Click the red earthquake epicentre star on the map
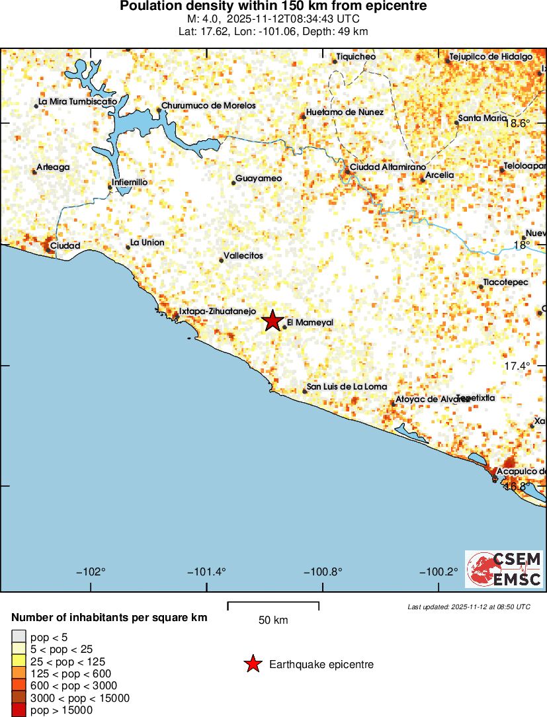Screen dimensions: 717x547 (272, 321)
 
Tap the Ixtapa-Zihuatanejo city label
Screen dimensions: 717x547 (213, 311)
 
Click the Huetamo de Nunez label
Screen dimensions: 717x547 (345, 112)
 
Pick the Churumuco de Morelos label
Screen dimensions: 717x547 (208, 106)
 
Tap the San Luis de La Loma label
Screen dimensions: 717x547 (347, 387)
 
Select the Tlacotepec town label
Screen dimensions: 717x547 (506, 282)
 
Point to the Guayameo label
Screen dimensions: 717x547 (259, 179)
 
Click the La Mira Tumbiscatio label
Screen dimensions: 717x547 (77, 101)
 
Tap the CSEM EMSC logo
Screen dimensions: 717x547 (504, 569)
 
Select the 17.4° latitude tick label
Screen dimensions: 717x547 (517, 366)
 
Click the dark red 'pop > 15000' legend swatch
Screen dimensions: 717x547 (19, 710)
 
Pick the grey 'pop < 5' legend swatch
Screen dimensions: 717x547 (19, 637)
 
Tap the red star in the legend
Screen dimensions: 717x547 (253, 664)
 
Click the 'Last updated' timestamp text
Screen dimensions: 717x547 (468, 607)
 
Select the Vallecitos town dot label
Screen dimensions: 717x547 (243, 256)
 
